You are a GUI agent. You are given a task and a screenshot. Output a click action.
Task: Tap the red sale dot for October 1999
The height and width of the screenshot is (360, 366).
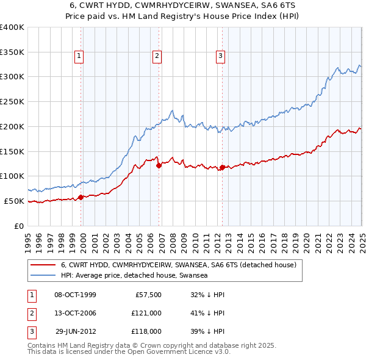(81, 197)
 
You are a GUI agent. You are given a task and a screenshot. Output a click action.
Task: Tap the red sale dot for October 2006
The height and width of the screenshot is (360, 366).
(159, 165)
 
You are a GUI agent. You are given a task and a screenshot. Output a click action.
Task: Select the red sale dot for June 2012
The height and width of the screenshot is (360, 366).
(222, 167)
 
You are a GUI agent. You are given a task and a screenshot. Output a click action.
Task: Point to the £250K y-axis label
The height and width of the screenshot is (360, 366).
(12, 101)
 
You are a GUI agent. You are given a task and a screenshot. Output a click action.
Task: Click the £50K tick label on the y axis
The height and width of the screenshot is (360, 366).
(14, 201)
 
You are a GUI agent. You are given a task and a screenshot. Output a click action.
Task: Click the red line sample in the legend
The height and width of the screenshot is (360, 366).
(43, 265)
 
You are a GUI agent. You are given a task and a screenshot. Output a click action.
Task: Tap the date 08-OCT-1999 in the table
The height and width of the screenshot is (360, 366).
(75, 295)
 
